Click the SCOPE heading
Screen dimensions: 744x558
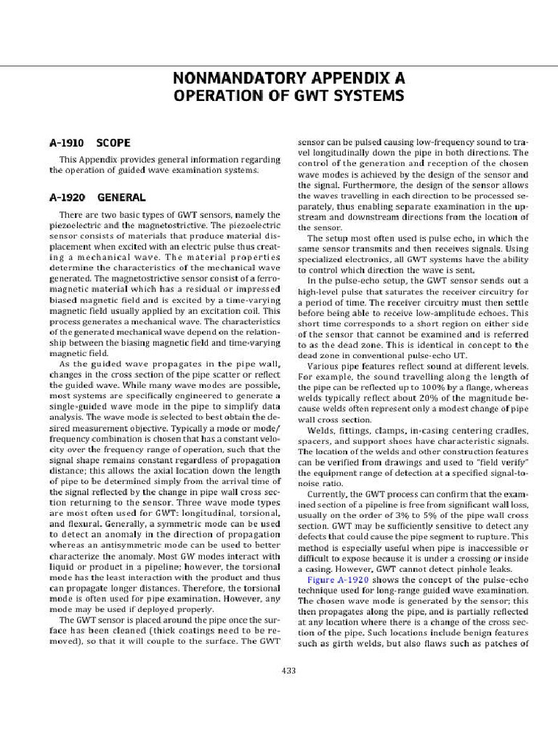[x=114, y=143]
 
